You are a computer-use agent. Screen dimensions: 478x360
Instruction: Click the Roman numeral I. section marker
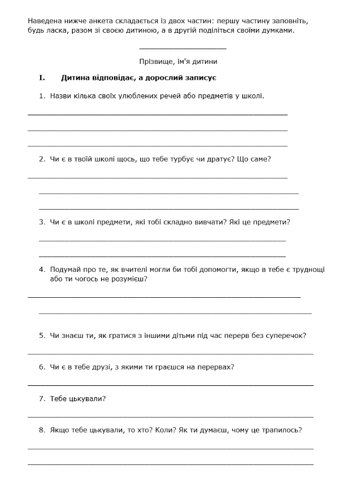[42, 77]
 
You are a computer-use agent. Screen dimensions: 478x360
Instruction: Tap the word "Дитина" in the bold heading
[75, 77]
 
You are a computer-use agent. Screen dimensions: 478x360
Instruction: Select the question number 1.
[42, 95]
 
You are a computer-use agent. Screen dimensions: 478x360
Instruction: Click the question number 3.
[42, 222]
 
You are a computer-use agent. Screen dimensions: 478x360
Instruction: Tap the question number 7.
[42, 398]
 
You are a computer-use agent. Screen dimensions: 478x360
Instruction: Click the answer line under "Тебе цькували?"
[170, 417]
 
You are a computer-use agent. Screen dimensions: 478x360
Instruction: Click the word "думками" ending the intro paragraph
[276, 31]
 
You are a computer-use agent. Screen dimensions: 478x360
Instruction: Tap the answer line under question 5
[170, 354]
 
